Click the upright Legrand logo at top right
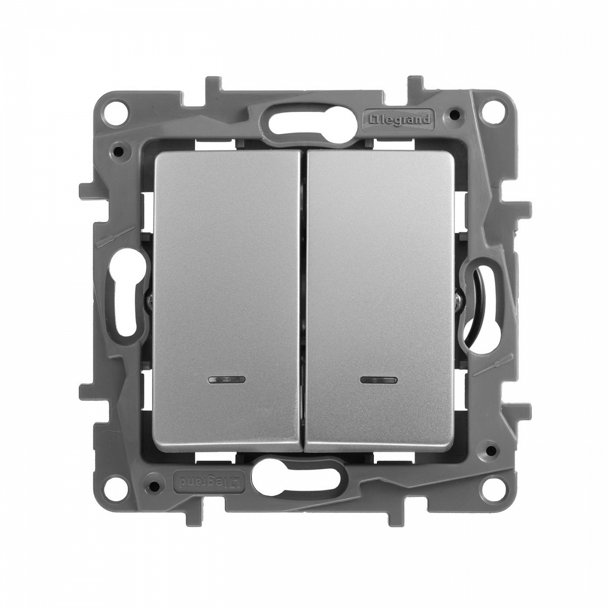pos(398,120)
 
